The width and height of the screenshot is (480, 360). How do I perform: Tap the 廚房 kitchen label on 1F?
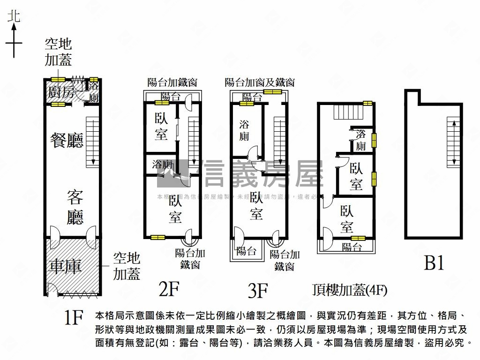point(61,92)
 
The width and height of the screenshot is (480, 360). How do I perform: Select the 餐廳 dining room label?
point(67,140)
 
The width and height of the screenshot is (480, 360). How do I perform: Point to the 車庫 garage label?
point(66,266)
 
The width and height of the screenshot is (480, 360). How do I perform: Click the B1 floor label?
point(434,263)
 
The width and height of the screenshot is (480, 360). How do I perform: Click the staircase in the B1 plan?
point(453,142)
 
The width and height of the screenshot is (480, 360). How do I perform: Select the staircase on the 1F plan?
point(93,143)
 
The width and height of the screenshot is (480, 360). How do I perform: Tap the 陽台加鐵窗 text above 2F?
point(172,82)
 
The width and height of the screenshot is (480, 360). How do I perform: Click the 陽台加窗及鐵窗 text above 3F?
point(260,82)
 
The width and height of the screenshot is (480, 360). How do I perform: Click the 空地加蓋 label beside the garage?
point(127,266)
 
